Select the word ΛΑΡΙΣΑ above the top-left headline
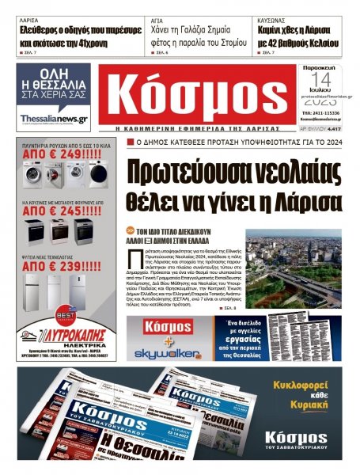coord(29,16)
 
